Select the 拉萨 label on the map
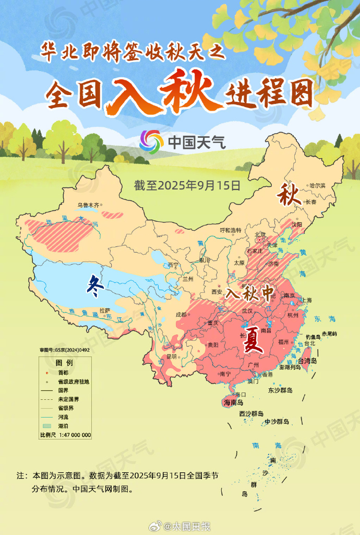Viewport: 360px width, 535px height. point(104,311)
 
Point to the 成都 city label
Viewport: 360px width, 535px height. point(181,314)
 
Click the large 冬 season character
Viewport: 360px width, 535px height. point(93,284)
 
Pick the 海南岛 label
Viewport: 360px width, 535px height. point(233,402)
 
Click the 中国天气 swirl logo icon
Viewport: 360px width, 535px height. point(151,140)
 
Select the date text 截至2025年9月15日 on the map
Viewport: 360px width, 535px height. point(187,185)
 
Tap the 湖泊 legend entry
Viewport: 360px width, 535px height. point(65,426)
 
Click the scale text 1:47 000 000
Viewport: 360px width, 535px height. point(75,435)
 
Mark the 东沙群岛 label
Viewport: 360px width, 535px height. point(280,390)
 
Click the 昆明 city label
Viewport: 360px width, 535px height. point(172,357)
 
